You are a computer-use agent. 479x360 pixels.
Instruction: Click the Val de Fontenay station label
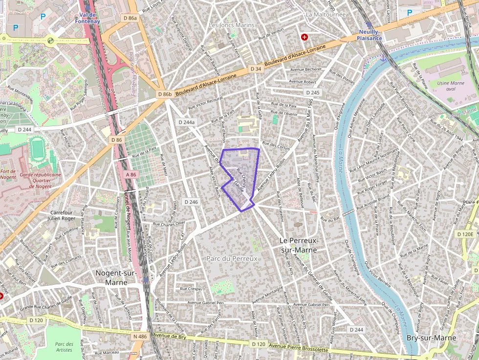click(88, 18)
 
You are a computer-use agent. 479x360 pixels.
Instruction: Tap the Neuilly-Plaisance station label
click(370, 35)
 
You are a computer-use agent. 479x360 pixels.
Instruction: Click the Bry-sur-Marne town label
click(432, 338)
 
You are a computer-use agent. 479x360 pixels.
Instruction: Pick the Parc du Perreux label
click(232, 258)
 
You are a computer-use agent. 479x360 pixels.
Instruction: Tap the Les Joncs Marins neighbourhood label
click(232, 25)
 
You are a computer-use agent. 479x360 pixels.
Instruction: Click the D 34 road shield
click(256, 69)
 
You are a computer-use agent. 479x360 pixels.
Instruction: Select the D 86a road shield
click(131, 18)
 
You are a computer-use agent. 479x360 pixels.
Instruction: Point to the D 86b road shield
click(165, 94)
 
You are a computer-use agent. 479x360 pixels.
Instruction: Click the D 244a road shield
click(187, 122)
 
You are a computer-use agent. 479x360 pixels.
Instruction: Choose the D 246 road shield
click(191, 202)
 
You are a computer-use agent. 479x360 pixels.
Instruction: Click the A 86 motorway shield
click(131, 174)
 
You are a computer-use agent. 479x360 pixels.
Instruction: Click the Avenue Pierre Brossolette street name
click(298, 348)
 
